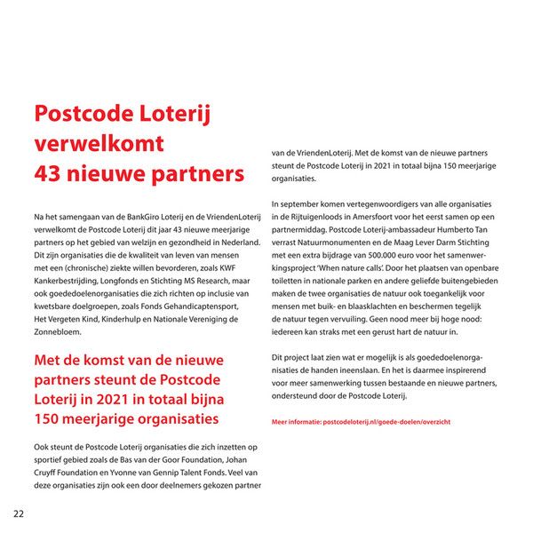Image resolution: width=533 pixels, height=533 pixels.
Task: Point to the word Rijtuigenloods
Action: [x=323, y=217]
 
